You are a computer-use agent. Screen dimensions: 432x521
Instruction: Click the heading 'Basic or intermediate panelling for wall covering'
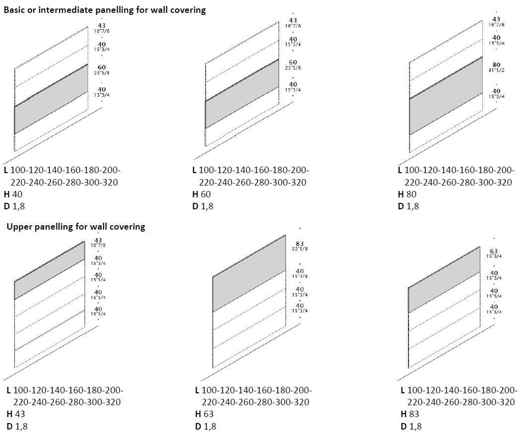pyautogui.click(x=104, y=9)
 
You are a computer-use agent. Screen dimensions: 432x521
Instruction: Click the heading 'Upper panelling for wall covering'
pyautogui.click(x=75, y=227)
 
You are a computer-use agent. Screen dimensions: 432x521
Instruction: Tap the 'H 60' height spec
pyautogui.click(x=202, y=194)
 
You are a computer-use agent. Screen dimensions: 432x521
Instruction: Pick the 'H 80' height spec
pyautogui.click(x=407, y=194)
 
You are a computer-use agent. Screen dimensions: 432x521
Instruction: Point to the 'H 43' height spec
pyautogui.click(x=16, y=414)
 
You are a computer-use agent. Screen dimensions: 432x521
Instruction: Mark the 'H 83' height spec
pyautogui.click(x=410, y=414)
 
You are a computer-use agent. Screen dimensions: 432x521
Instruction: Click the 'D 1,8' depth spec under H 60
pyautogui.click(x=203, y=206)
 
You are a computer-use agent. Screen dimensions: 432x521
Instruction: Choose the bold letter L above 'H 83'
pyautogui.click(x=402, y=390)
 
